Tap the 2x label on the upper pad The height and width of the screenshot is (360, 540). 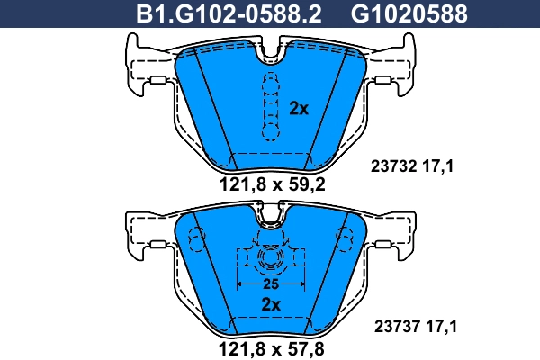(299, 109)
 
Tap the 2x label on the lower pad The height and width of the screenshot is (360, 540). (272, 304)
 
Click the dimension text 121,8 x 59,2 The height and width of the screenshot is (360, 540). (271, 186)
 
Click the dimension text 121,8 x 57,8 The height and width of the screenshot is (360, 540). (271, 347)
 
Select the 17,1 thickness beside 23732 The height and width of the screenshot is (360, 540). (439, 166)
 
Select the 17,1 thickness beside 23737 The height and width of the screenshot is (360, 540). (439, 328)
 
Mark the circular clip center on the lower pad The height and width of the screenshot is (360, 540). (270, 261)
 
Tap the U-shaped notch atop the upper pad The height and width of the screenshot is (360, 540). (270, 54)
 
